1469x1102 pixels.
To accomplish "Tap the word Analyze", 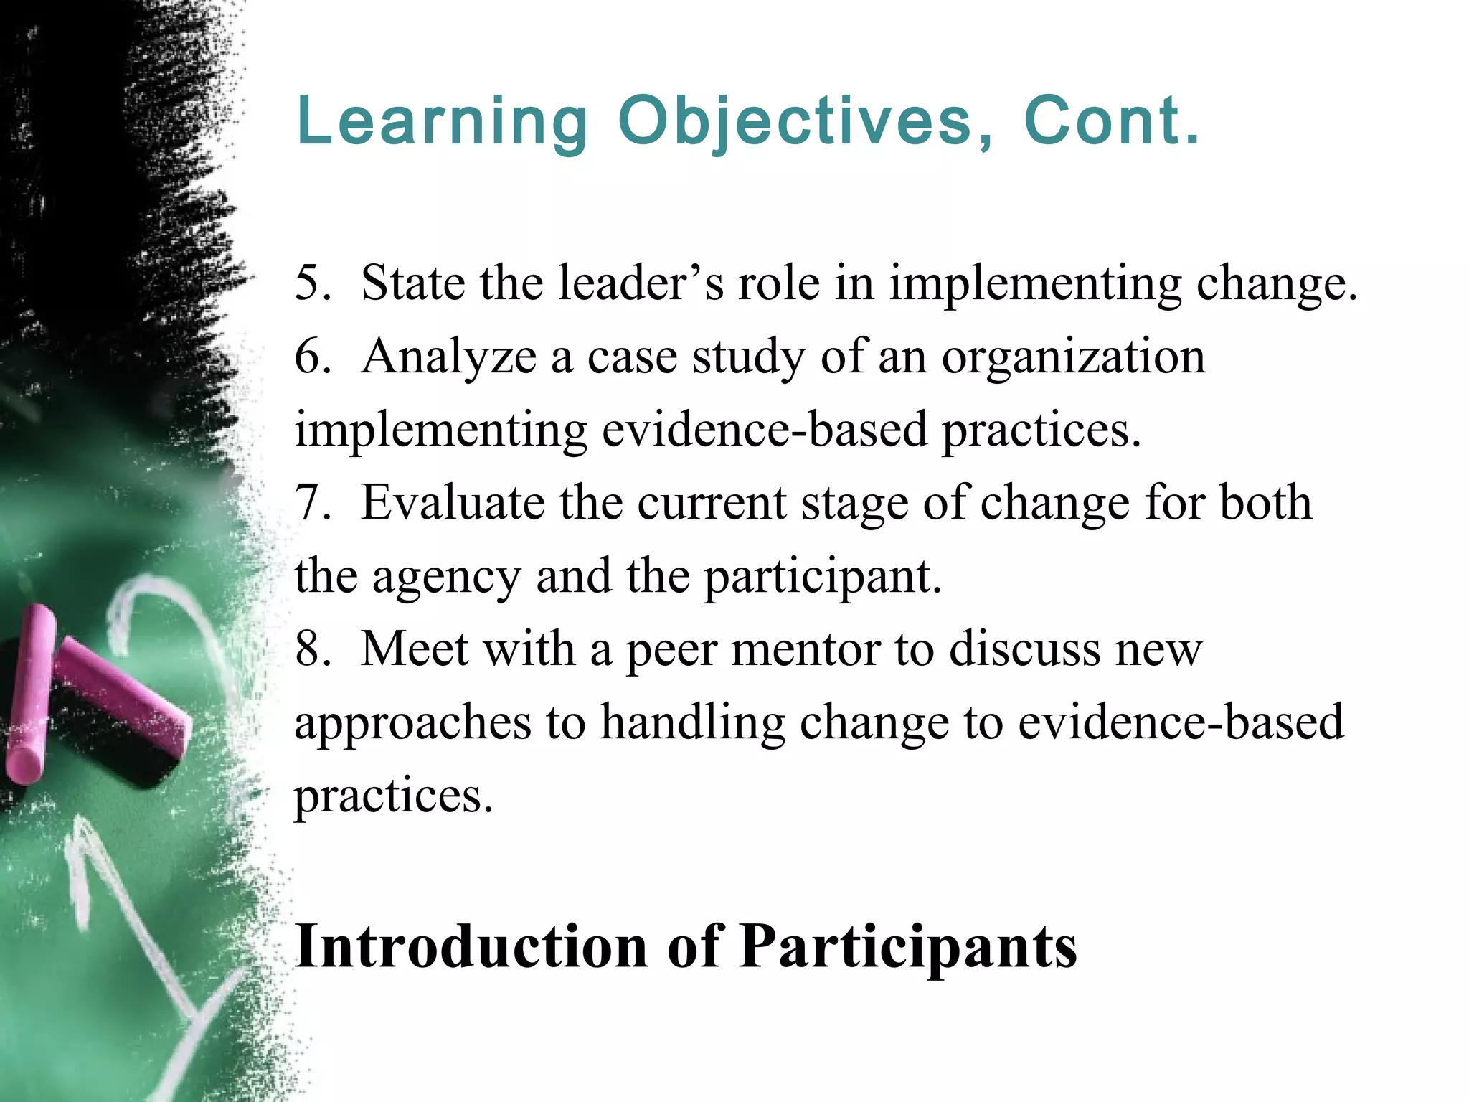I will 449,358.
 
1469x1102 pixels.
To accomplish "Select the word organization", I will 1073,358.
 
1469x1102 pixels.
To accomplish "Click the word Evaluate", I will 453,503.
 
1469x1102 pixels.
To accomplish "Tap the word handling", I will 693,723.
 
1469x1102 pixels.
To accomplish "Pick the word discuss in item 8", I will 1025,649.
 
